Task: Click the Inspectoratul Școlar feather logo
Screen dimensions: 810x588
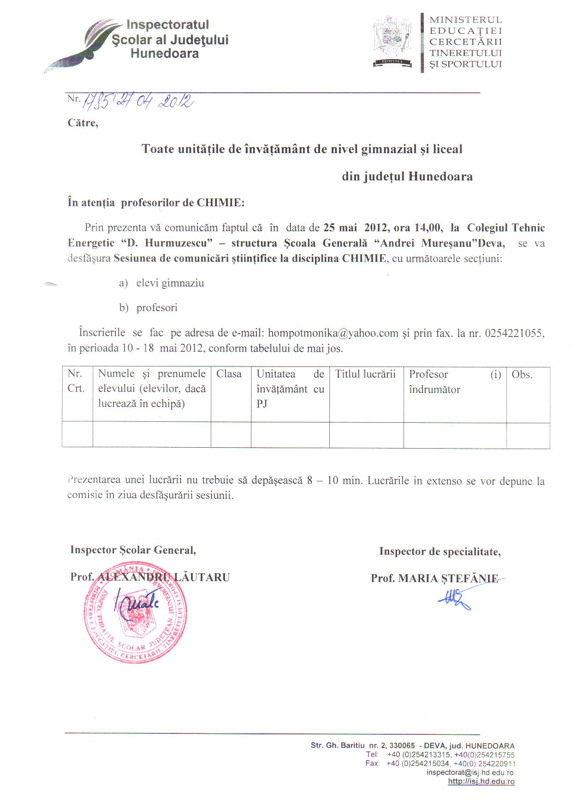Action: pos(81,46)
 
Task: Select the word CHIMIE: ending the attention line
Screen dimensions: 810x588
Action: pos(220,203)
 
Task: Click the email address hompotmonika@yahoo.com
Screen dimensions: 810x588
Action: pos(333,333)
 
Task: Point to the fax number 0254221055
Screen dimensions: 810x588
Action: pos(514,333)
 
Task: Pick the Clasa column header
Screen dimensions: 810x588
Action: pos(229,374)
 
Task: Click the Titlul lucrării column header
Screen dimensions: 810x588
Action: pos(365,374)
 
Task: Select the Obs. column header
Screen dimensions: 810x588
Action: pos(522,375)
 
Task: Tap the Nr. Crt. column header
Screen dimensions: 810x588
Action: pos(76,381)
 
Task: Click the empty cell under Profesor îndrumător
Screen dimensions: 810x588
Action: pos(455,435)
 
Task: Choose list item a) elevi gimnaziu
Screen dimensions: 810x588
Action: pos(161,283)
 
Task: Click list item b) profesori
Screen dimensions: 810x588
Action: pos(148,308)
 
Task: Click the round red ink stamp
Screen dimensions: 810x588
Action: pos(135,614)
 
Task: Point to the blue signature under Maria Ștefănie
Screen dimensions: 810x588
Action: pos(456,599)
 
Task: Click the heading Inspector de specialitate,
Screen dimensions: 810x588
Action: pos(440,552)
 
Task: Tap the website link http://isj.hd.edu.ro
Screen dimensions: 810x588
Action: pos(481,781)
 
